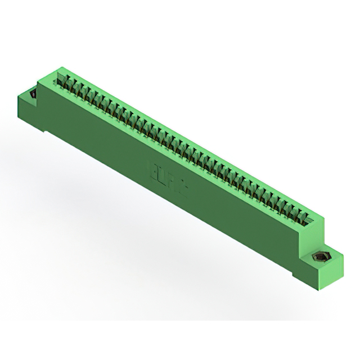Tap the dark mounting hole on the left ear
(x=32, y=94)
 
